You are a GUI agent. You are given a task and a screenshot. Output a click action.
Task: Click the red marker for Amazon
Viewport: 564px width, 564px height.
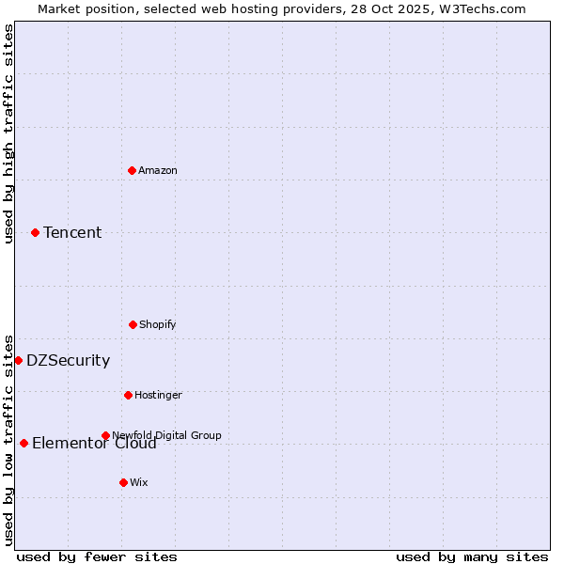coord(132,170)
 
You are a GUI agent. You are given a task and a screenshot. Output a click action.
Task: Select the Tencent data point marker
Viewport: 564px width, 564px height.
coord(35,232)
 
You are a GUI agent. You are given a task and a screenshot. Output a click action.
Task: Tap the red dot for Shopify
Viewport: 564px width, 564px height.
coord(133,324)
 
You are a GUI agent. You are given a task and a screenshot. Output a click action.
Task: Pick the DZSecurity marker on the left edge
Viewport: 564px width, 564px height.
coord(18,360)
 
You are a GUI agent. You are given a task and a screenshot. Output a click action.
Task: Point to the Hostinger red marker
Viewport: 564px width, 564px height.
coord(128,395)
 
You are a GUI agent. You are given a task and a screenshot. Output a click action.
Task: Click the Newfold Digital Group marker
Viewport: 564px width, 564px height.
coord(105,435)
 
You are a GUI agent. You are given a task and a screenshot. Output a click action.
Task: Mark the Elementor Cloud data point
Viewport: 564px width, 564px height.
coord(23,443)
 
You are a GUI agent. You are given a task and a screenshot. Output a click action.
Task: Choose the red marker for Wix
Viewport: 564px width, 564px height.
coord(123,482)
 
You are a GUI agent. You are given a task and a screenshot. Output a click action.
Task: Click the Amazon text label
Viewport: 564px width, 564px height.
coord(158,170)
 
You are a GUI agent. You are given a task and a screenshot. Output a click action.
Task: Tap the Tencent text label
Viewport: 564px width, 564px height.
coord(72,232)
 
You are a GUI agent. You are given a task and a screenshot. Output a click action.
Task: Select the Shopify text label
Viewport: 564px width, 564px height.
coord(158,324)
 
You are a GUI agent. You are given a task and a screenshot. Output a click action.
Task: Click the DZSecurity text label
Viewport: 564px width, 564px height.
coord(68,360)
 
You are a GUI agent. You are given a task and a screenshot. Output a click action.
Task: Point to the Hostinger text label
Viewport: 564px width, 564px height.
coord(158,395)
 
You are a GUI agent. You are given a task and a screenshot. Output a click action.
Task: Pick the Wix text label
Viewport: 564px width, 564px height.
coord(139,482)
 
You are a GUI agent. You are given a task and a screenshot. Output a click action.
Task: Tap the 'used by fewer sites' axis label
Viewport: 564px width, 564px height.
coord(97,556)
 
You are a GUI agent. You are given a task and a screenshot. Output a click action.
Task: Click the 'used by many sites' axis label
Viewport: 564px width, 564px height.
coord(472,556)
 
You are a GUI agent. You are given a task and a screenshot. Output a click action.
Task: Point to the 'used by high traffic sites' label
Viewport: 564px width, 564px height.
coord(8,133)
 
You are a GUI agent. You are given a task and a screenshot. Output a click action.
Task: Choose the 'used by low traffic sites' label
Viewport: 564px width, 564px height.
coord(8,440)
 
